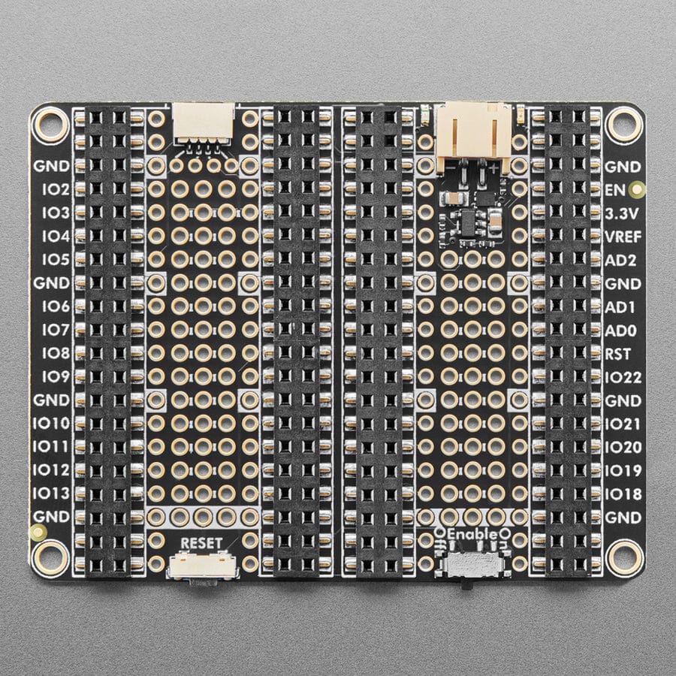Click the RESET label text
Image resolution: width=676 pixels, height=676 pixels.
tap(201, 543)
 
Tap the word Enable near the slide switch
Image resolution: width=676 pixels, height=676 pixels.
tap(474, 534)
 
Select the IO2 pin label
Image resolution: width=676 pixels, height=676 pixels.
tap(56, 189)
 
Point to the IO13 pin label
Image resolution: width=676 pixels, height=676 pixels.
tap(51, 493)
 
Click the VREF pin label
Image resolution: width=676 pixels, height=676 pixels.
tap(623, 237)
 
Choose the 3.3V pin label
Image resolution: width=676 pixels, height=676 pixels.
tap(622, 213)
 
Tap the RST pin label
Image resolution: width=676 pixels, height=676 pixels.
tap(618, 354)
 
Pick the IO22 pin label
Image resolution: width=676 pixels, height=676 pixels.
tap(623, 378)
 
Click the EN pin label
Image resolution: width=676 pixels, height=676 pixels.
tap(615, 190)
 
